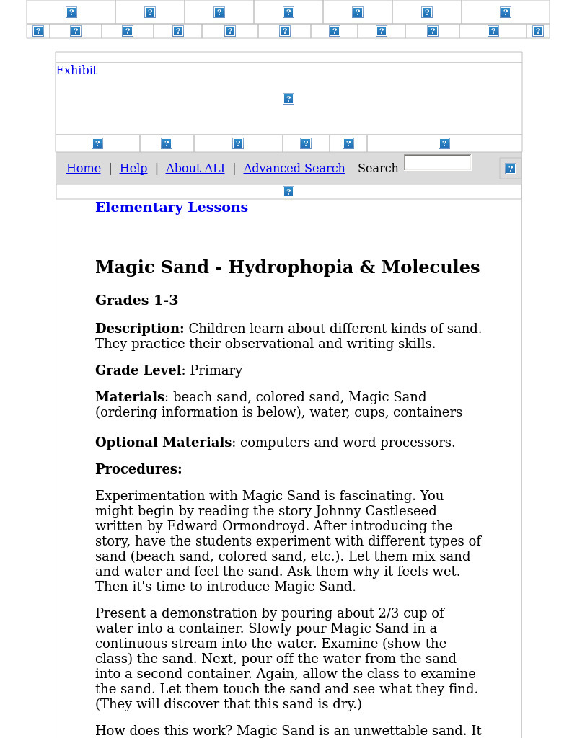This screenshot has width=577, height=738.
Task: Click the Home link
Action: coord(83,168)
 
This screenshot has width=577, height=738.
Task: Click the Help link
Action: coord(133,168)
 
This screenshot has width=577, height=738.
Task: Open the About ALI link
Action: coord(195,168)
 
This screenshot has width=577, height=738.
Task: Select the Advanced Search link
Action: coord(294,168)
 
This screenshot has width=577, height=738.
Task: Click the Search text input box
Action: coord(437,163)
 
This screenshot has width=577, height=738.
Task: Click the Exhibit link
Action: coord(76,70)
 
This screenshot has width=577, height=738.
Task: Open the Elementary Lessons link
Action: coord(171,208)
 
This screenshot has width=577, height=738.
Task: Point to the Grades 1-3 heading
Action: coord(136,301)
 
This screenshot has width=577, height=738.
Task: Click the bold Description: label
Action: coord(139,329)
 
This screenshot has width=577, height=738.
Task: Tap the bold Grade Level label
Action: coord(138,370)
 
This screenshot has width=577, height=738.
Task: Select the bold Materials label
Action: coord(129,397)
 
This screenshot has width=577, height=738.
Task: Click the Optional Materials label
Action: coord(163,443)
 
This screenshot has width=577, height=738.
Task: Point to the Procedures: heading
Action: coord(138,469)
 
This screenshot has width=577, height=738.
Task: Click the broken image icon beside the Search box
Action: coord(510,169)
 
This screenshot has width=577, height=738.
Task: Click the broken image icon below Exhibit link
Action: coord(288,99)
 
